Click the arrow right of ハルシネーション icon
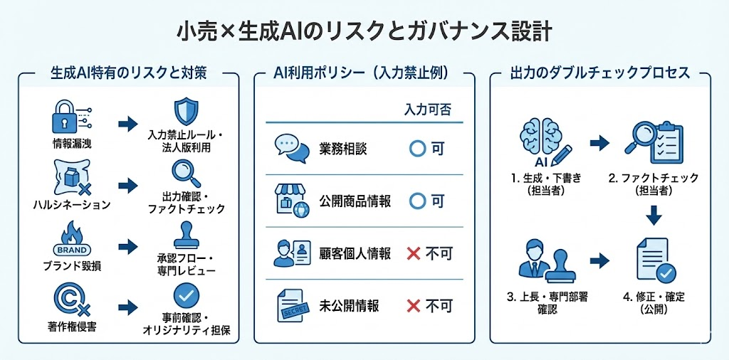(127, 185)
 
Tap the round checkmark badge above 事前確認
(187, 295)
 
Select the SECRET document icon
(292, 306)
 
